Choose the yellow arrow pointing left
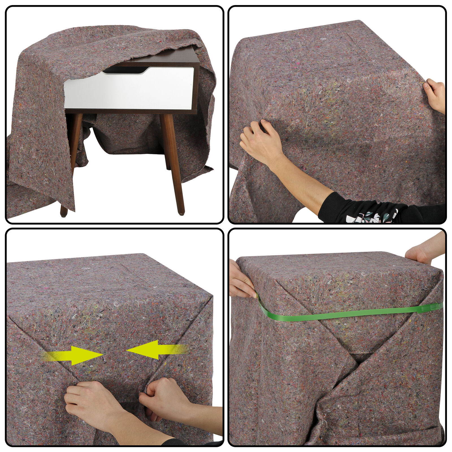(x=154, y=350)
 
